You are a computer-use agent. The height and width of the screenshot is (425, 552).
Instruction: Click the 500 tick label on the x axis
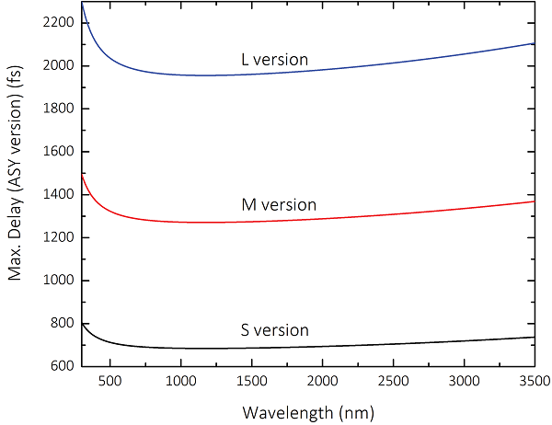click(110, 382)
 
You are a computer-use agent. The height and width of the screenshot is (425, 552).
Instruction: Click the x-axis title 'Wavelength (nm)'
click(308, 410)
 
